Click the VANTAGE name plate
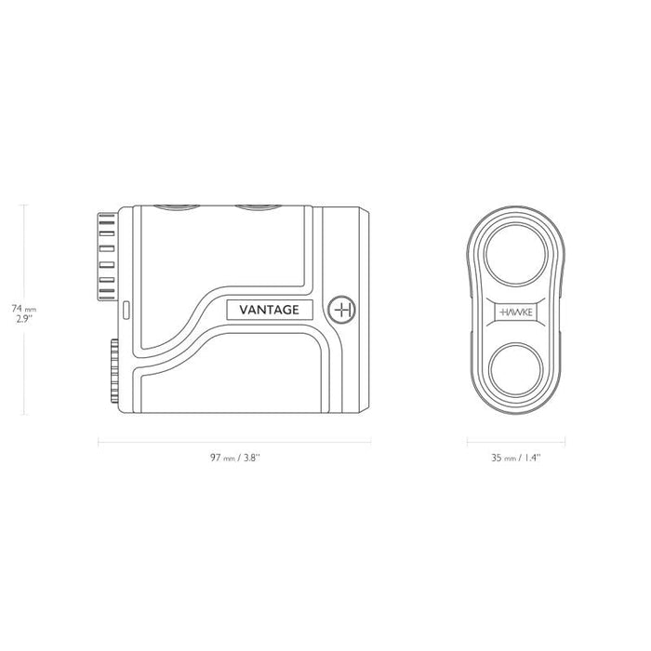click(x=270, y=310)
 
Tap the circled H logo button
click(x=341, y=310)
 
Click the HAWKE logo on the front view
click(x=516, y=312)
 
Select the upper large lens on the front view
click(x=516, y=254)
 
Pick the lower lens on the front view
click(x=516, y=369)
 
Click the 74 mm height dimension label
click(x=23, y=309)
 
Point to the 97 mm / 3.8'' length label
click(x=235, y=458)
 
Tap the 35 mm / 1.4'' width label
click(x=516, y=458)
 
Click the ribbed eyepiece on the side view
click(x=108, y=257)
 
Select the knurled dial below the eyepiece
click(x=114, y=371)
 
